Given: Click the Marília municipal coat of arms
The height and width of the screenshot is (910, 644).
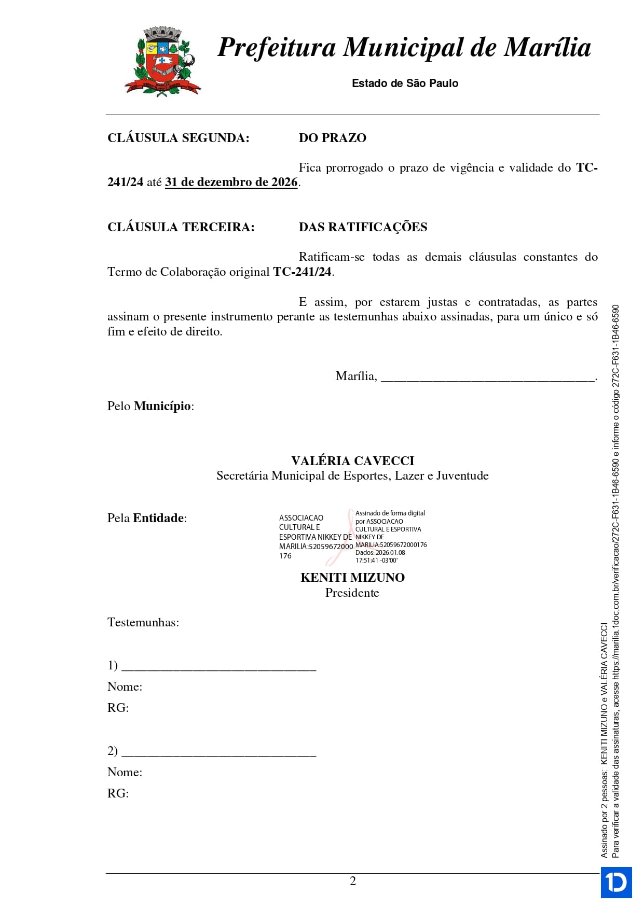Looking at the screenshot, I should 162,61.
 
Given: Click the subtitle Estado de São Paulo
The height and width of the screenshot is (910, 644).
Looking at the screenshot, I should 405,83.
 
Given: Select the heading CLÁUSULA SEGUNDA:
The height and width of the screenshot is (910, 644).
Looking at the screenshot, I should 178,138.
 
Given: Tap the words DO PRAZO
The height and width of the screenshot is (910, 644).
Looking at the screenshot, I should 332,138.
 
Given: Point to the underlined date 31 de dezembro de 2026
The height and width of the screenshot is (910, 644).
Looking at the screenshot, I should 231,183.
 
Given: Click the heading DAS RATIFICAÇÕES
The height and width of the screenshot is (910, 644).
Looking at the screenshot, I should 363,227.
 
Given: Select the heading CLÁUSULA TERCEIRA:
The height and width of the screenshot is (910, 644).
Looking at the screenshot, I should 181,227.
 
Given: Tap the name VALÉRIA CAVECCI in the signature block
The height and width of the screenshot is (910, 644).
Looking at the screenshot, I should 352,461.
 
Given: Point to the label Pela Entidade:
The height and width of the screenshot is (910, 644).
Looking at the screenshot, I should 147,518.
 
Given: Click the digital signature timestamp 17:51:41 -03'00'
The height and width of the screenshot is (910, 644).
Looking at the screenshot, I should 376,561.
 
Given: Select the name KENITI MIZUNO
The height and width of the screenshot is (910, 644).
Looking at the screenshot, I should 352,578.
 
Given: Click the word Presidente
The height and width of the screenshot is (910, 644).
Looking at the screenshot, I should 352,593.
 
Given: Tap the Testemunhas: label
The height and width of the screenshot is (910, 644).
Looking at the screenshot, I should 143,622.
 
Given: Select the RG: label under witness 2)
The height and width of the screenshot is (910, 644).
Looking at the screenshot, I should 118,793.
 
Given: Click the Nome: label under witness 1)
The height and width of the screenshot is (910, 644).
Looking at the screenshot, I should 125,687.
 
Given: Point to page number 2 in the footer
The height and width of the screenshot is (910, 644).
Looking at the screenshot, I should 353,881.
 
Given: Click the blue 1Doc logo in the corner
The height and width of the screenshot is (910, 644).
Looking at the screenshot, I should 616,882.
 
